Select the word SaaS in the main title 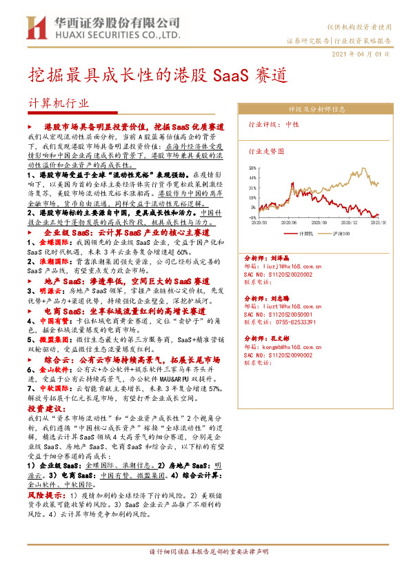[x=232, y=74]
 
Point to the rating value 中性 [x=292, y=125]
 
